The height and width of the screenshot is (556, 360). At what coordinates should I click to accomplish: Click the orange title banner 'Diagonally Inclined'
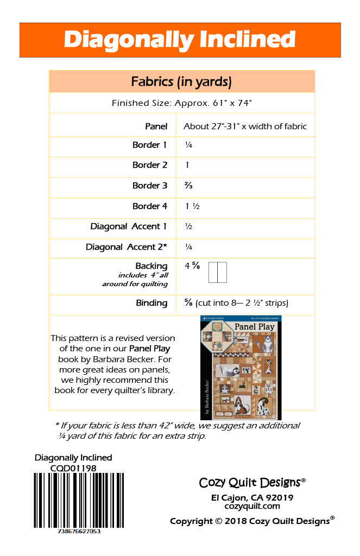pyautogui.click(x=180, y=40)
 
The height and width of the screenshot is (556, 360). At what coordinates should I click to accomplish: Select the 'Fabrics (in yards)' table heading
pyautogui.click(x=181, y=82)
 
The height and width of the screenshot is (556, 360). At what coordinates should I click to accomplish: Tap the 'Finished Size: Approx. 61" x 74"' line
pyautogui.click(x=181, y=103)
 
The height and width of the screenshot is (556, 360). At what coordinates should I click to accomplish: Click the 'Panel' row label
pyautogui.click(x=156, y=126)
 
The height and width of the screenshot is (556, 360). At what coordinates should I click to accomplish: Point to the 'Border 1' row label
pyautogui.click(x=149, y=145)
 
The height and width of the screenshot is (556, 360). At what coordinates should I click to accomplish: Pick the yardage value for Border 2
pyautogui.click(x=187, y=165)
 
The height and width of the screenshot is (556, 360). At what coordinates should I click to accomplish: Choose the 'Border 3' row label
pyautogui.click(x=149, y=186)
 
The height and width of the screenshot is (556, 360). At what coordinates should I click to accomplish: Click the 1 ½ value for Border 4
pyautogui.click(x=193, y=206)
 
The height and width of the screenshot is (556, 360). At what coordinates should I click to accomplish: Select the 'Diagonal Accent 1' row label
pyautogui.click(x=129, y=226)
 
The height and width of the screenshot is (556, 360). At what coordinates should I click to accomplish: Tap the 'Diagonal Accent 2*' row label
pyautogui.click(x=126, y=247)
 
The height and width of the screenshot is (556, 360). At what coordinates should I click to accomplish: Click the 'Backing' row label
pyautogui.click(x=151, y=266)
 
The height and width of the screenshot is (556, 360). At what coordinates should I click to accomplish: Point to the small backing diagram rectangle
pyautogui.click(x=218, y=272)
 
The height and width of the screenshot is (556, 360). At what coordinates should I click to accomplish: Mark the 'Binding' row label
pyautogui.click(x=151, y=303)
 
